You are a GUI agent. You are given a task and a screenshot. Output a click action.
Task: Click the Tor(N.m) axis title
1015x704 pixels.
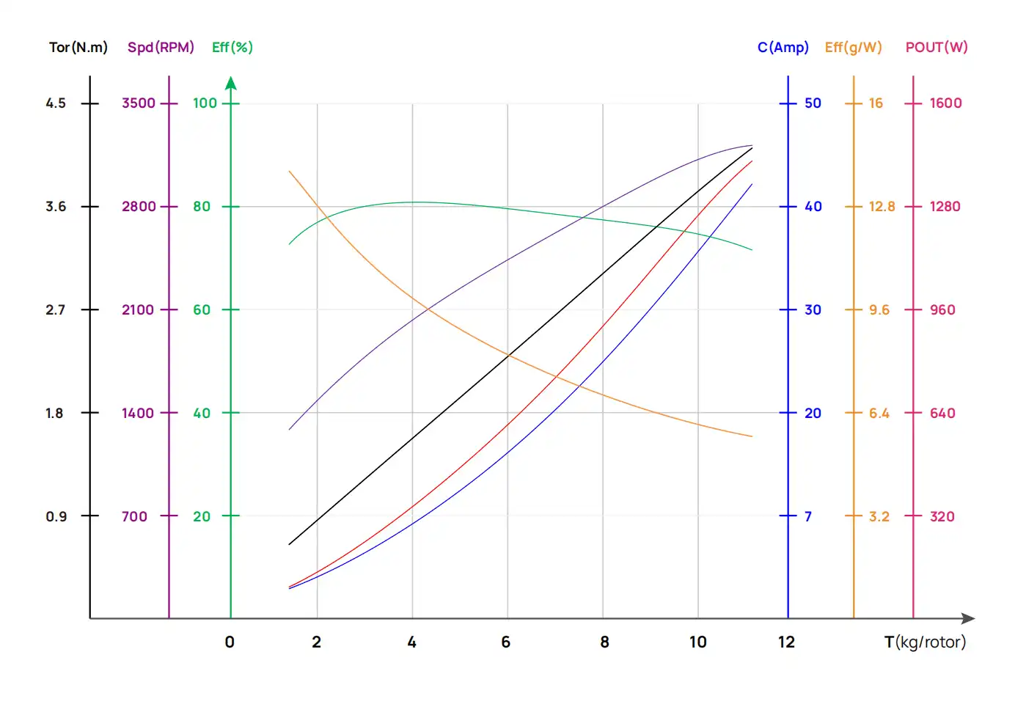[x=78, y=48]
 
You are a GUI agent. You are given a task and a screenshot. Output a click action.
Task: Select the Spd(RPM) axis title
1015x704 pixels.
[x=161, y=48]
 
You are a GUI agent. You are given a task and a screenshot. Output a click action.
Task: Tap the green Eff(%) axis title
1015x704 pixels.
[x=232, y=48]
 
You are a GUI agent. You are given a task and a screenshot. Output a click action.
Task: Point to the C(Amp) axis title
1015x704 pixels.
[x=783, y=48]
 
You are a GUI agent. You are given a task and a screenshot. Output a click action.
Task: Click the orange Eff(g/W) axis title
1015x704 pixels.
[x=853, y=48]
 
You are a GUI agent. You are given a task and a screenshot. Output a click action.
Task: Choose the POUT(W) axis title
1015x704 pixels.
[x=937, y=48]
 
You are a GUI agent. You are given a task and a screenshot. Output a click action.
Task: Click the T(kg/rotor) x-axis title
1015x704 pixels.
[x=925, y=642]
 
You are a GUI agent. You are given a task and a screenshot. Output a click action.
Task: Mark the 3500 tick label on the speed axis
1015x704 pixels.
[x=139, y=103]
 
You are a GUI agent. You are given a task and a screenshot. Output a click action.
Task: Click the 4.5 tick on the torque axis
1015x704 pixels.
[x=56, y=103]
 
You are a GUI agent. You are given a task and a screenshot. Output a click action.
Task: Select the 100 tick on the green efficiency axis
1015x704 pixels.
[x=205, y=103]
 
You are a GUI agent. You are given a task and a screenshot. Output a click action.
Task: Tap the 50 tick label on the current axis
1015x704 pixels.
[x=813, y=103]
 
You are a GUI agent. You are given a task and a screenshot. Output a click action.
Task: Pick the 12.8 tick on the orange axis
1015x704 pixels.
[x=882, y=207]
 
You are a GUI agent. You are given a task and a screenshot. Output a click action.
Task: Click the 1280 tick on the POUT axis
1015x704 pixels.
[x=945, y=207]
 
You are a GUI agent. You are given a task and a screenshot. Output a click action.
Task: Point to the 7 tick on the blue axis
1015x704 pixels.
[x=807, y=516]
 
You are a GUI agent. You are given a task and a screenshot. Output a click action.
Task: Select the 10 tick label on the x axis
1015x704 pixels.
[x=697, y=642]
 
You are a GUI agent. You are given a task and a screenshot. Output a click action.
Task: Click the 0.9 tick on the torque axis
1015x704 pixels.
[x=56, y=516]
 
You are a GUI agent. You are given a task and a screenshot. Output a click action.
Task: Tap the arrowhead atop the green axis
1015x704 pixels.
[x=231, y=82]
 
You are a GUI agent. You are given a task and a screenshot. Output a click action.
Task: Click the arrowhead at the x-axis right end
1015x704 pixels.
[x=968, y=618]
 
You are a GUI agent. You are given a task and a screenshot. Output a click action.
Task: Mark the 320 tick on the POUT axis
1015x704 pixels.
[x=942, y=516]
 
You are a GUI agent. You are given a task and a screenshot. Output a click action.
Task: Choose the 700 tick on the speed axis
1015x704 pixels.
[x=134, y=516]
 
